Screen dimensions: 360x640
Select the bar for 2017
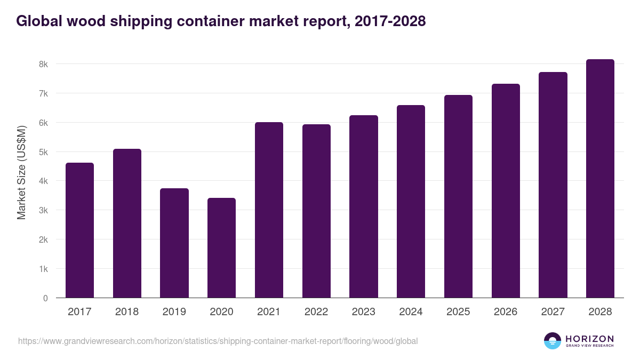(x=79, y=230)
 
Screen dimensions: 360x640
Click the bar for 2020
(x=221, y=248)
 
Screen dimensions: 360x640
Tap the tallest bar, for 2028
(x=600, y=179)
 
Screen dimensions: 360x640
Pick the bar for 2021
(x=269, y=210)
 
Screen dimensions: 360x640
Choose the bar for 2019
(x=174, y=243)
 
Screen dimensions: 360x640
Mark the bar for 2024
(x=411, y=202)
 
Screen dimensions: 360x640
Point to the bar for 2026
(x=506, y=191)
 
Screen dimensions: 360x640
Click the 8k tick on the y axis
(x=43, y=64)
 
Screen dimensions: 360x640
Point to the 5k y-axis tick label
(x=43, y=152)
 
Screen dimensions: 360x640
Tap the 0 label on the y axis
(x=45, y=298)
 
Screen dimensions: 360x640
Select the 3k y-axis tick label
(x=43, y=210)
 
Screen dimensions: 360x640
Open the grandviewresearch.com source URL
(x=218, y=341)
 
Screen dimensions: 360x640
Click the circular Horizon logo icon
(x=553, y=341)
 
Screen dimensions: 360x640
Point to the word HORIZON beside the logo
(x=589, y=339)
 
